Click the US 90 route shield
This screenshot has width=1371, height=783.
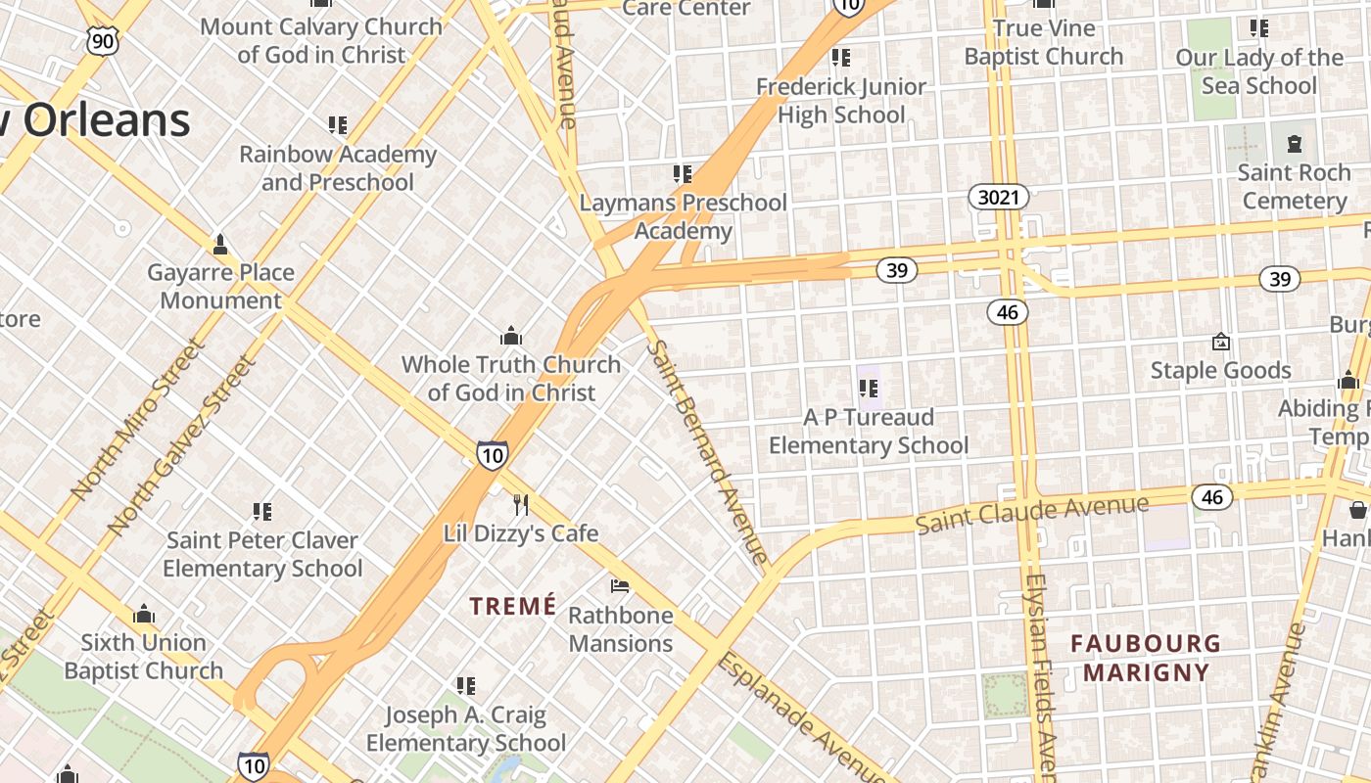tap(102, 40)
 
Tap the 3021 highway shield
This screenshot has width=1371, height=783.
tap(999, 198)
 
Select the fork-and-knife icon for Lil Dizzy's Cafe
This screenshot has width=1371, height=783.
tap(521, 505)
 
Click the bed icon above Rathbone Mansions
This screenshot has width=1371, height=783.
tap(620, 586)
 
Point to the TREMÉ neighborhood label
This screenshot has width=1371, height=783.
tap(512, 607)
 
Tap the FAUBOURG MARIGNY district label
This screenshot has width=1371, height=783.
tap(1145, 658)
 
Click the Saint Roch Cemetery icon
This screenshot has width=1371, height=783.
tap(1295, 145)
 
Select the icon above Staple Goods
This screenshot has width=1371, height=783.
tap(1220, 342)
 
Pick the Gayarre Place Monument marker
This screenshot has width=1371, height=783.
tap(221, 244)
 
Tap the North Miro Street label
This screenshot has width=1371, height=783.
tap(138, 419)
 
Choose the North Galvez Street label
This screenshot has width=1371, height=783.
tap(182, 444)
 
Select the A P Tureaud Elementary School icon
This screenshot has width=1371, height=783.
tap(868, 389)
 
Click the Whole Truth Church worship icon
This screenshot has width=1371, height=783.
tap(510, 337)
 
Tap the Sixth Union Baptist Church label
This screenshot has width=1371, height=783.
tap(144, 657)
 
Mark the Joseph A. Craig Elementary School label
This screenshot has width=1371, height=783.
tap(466, 729)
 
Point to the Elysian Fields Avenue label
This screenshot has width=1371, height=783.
tap(1040, 675)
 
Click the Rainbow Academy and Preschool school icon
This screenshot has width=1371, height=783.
tap(338, 125)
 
